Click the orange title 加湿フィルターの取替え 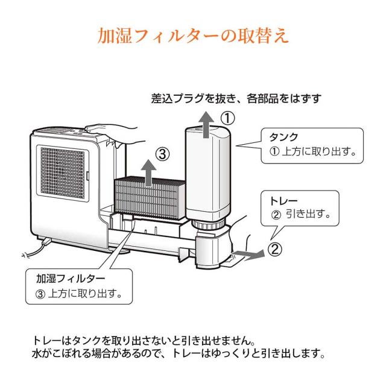point(193,34)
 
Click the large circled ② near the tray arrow point(275,248)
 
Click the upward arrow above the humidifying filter point(147,169)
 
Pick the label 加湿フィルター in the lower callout point(71,278)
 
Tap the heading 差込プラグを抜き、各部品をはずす point(236,98)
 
